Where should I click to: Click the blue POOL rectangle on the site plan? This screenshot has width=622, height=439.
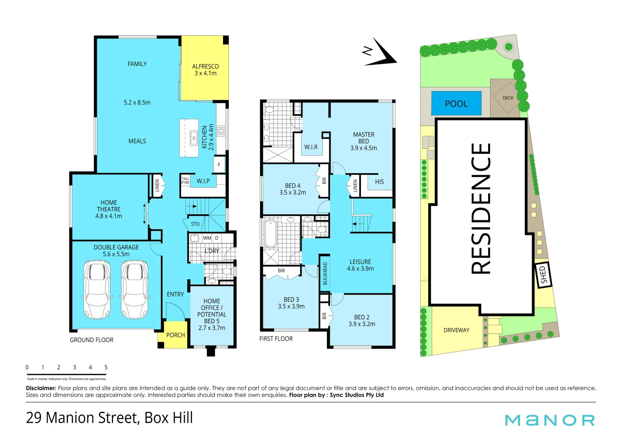pos(456,103)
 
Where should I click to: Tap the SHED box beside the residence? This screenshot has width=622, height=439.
pos(543,275)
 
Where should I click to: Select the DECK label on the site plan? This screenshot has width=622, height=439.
pos(508,98)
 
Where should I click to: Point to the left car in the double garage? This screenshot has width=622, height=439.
pos(97,289)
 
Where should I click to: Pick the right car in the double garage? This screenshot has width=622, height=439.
pos(135,289)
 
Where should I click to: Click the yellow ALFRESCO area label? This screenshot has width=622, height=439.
pos(205,70)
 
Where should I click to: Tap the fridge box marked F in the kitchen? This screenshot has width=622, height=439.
pos(219,165)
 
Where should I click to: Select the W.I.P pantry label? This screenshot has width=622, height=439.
pos(203,181)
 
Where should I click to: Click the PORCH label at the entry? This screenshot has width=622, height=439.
pos(175,335)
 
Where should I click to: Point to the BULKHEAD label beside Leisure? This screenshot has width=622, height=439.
pos(325,273)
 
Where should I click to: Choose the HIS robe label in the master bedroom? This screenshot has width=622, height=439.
pos(379,182)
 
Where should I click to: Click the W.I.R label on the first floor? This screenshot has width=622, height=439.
pos(311,147)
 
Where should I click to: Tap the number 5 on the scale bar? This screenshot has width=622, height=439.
pos(106,367)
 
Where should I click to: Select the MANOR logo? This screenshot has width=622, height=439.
pos(550,420)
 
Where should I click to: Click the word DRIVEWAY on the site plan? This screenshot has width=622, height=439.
pos(456,330)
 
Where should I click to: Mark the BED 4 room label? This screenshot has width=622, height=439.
pos(292,189)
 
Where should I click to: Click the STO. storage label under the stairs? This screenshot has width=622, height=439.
pos(196,224)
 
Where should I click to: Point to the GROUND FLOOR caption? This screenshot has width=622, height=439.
pos(92,340)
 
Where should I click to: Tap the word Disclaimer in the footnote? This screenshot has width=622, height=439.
pos(41,388)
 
